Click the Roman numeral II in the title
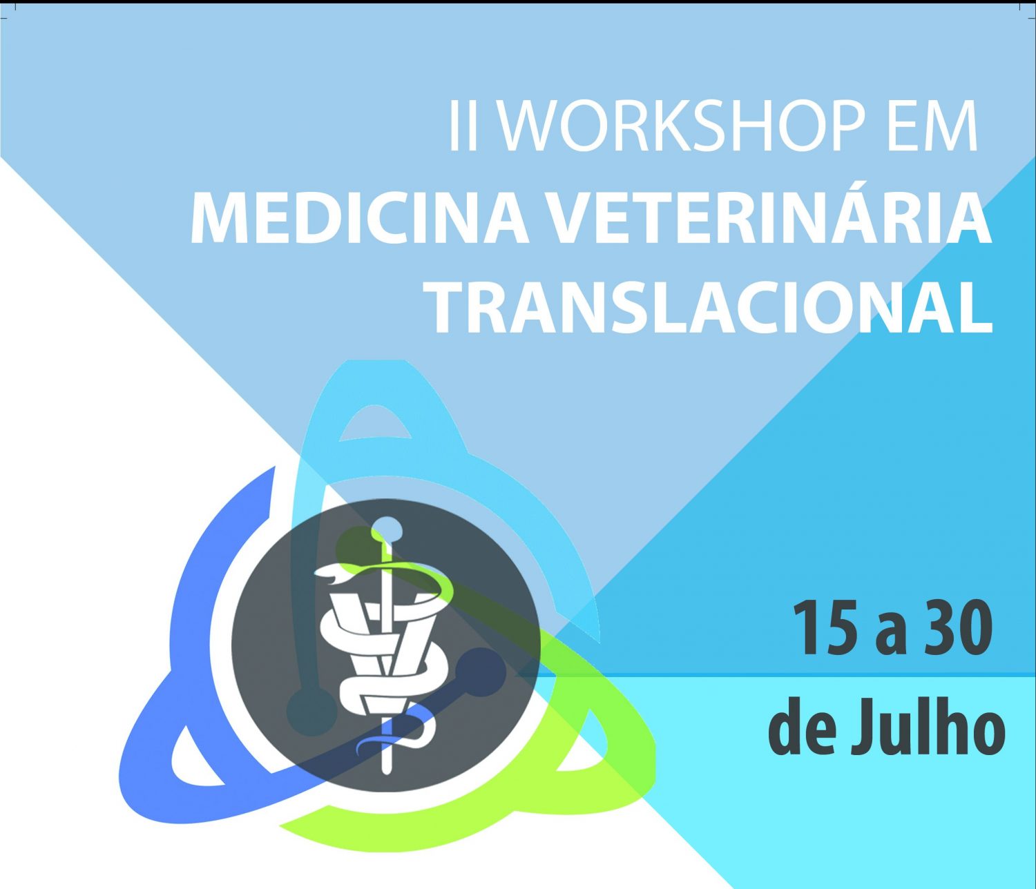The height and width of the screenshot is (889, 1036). (462, 126)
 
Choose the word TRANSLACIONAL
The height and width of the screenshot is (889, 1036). (711, 306)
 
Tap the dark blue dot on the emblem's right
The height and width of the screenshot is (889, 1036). (481, 673)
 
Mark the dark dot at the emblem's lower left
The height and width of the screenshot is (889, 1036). (311, 711)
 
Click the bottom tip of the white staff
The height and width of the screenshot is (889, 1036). (387, 772)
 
